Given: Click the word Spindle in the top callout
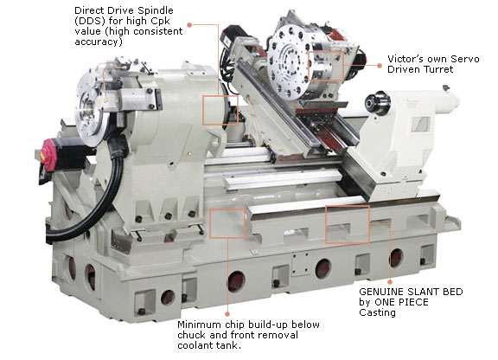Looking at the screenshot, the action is tap(154, 11).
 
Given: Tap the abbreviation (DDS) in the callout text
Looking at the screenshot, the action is tap(90, 22).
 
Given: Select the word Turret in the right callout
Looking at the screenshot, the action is tap(436, 69).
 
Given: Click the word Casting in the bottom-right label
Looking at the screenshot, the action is tap(378, 312).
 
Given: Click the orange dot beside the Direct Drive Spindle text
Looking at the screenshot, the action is tap(189, 25).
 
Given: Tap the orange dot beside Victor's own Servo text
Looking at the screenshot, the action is tap(380, 66).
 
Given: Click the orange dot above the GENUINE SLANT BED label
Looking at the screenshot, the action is tap(390, 282).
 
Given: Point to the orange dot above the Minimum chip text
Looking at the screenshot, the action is tap(227, 314).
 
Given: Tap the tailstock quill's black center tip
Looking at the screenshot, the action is tap(369, 103).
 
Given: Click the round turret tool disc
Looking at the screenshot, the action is tap(289, 62).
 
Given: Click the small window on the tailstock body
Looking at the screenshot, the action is tap(421, 124).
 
